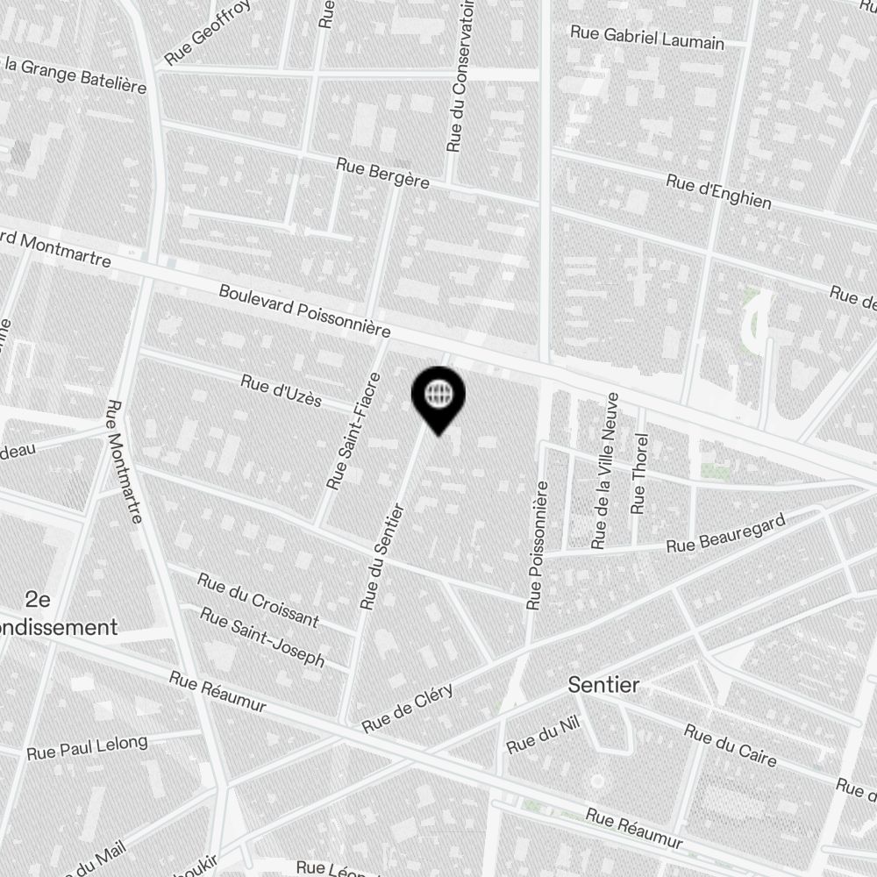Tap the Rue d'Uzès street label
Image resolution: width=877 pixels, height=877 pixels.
(282, 391)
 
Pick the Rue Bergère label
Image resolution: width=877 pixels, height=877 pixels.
(383, 172)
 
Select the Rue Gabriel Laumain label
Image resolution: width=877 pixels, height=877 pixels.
(647, 37)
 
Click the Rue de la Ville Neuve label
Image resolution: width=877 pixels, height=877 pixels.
(606, 471)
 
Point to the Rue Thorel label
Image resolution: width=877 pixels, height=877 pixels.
(640, 474)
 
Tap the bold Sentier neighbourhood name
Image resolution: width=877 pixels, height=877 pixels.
(604, 685)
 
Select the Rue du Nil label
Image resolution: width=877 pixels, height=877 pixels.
(544, 738)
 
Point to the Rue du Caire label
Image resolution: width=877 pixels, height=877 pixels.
(730, 745)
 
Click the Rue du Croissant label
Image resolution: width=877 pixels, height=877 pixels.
(258, 599)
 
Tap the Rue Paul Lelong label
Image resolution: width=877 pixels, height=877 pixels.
(87, 747)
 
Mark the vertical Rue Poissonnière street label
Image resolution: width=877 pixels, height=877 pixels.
(537, 545)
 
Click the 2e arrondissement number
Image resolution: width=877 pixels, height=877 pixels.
(38, 600)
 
